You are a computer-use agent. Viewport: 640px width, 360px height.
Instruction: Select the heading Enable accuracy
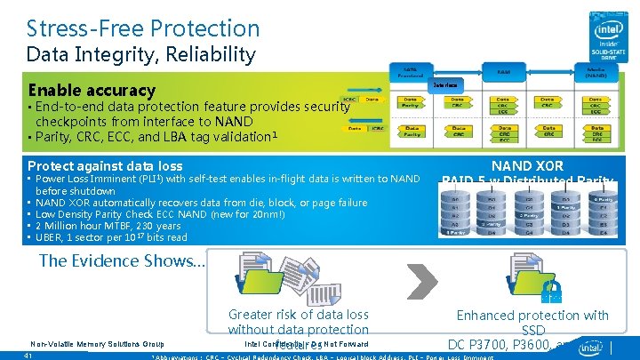coord(92,90)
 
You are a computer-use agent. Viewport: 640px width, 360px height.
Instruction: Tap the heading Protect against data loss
coord(105,165)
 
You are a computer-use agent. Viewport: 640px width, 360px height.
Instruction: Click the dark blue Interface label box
coord(447,85)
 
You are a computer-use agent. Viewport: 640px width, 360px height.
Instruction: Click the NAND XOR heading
coord(527,165)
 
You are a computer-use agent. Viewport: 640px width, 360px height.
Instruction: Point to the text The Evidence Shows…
coord(123,260)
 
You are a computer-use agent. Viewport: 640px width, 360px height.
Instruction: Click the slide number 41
coord(28,356)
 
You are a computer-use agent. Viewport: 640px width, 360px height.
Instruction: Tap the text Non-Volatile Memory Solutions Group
coord(97,343)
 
